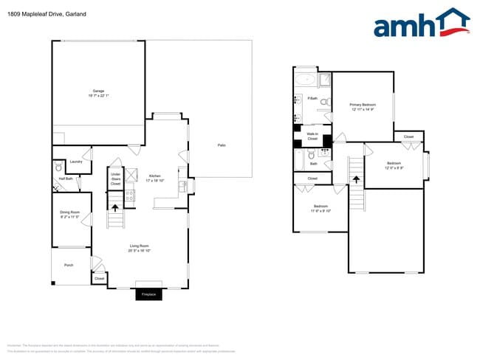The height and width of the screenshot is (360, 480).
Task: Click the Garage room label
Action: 98,93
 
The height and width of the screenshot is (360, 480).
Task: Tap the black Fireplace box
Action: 148,294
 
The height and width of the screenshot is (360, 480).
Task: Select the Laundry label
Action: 75,162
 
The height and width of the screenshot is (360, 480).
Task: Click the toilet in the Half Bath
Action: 59,168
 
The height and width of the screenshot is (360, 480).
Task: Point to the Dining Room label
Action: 69,215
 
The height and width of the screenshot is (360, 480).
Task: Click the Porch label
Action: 68,265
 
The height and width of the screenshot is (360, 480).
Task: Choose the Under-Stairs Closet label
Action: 115,179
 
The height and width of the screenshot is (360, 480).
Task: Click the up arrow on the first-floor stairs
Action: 114,208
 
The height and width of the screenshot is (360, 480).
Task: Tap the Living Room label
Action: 140,248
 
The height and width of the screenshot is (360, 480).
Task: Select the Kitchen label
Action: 155,177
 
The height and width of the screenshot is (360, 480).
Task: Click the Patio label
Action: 221,145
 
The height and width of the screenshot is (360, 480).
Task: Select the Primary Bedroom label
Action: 363,107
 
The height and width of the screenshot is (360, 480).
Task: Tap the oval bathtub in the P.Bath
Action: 305,79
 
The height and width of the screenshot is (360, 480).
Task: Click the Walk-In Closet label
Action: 312,136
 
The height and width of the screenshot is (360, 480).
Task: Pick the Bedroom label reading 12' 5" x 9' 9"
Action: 394,165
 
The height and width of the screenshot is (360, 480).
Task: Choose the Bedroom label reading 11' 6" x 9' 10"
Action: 320,208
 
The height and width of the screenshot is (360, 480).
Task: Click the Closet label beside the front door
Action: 100,278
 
